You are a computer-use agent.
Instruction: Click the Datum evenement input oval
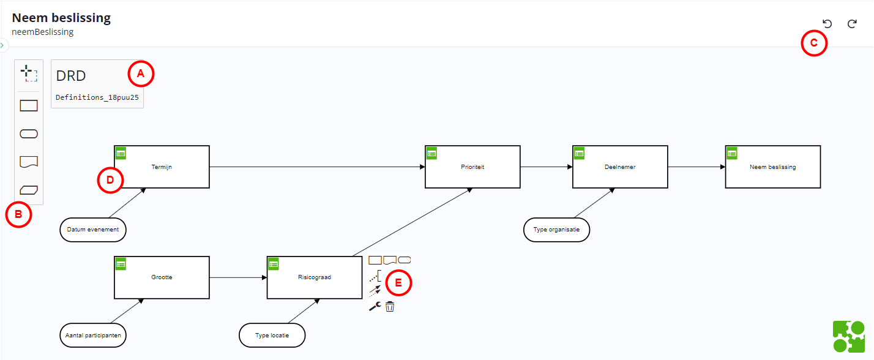[x=93, y=230]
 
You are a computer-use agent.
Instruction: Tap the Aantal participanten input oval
[x=93, y=336]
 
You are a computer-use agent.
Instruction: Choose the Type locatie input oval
[x=272, y=336]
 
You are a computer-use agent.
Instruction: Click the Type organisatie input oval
[x=556, y=230]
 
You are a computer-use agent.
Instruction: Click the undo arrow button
[x=827, y=24]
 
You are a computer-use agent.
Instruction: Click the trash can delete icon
[x=390, y=306]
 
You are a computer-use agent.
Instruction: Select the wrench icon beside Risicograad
[x=375, y=307]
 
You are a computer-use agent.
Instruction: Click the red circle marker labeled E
[x=399, y=283]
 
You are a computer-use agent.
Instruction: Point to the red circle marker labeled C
[x=814, y=43]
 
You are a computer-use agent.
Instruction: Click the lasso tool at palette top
[x=28, y=73]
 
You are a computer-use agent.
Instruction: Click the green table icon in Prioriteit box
[x=431, y=153]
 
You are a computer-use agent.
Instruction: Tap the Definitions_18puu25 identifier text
[x=97, y=97]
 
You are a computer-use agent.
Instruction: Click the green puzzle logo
[x=849, y=336]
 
